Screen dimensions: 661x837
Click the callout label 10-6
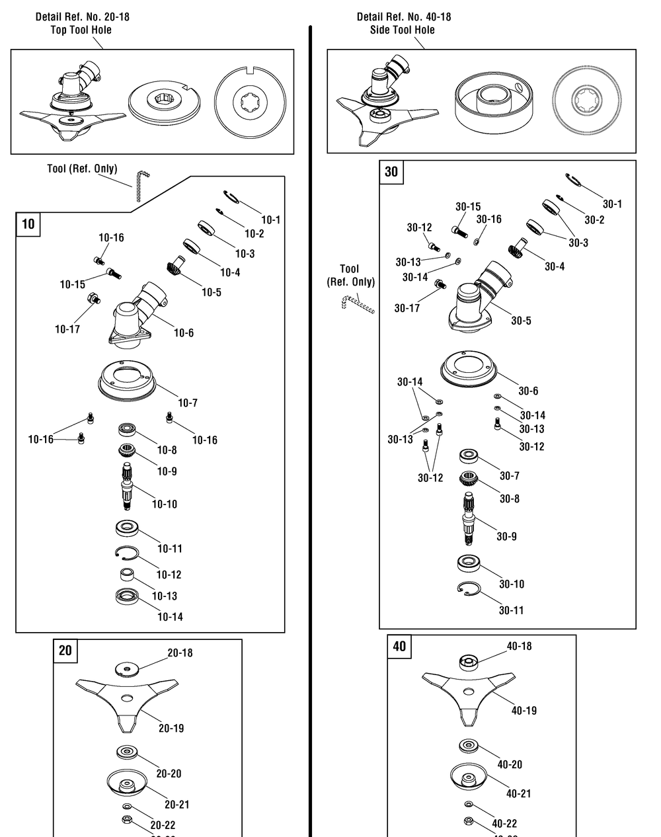click(x=184, y=333)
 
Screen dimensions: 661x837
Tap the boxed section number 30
click(x=391, y=171)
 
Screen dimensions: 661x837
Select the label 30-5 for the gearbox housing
click(x=521, y=321)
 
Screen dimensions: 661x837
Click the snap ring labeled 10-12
click(x=127, y=553)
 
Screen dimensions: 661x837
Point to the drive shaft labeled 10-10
click(x=127, y=487)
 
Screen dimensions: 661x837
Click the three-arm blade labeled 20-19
click(x=127, y=704)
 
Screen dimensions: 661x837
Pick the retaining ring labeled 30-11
click(x=469, y=588)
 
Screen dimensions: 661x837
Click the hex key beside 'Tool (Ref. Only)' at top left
click(x=141, y=186)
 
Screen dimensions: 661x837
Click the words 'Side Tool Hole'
click(x=402, y=30)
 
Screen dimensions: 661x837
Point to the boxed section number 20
click(x=65, y=651)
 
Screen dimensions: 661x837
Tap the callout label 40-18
click(x=519, y=646)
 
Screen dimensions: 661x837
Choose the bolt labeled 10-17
click(x=94, y=299)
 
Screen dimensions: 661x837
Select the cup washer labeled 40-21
click(x=469, y=777)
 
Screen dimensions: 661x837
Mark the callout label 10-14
click(x=170, y=617)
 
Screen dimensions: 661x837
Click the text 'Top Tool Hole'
click(x=81, y=30)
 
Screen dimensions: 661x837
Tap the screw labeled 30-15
click(x=459, y=232)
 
